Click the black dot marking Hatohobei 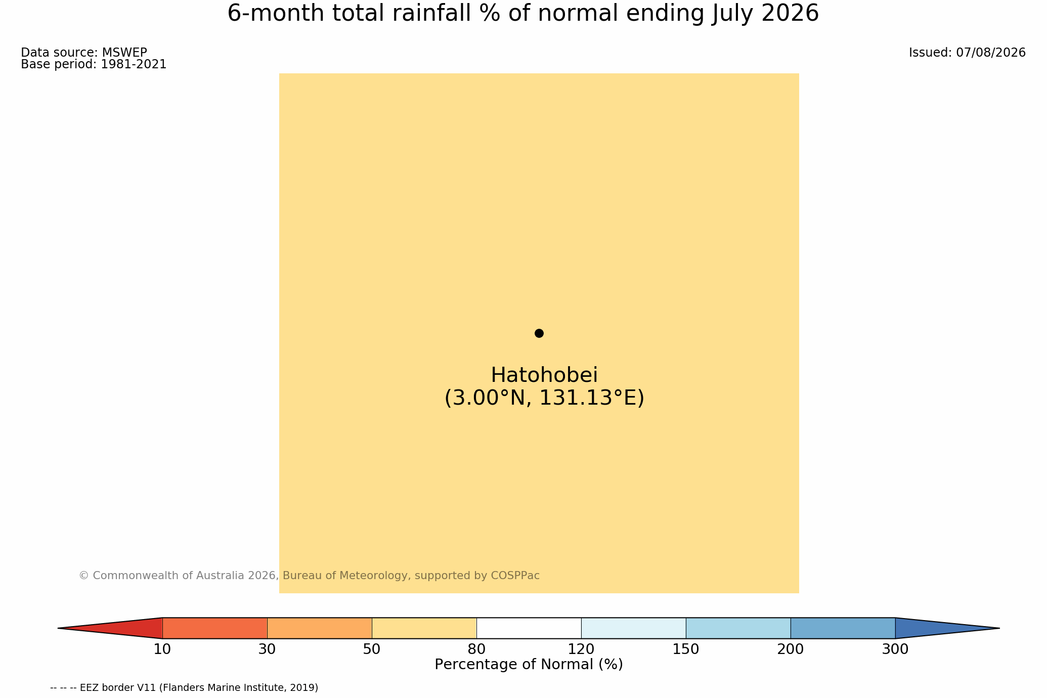539,333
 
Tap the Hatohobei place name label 544,375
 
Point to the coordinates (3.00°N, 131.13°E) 544,398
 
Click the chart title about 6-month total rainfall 523,14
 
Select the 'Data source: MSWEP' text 84,53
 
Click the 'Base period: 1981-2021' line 94,65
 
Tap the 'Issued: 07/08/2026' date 967,53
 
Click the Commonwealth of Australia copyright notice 309,576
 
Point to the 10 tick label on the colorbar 162,649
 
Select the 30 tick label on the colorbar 267,649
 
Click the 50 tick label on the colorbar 372,649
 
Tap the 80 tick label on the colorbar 476,649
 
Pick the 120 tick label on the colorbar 581,649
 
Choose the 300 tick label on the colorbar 895,649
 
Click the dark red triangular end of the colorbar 126,628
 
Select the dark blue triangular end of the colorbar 931,628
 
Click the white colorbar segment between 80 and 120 529,628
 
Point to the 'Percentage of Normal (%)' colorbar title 529,665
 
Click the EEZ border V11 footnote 184,688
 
